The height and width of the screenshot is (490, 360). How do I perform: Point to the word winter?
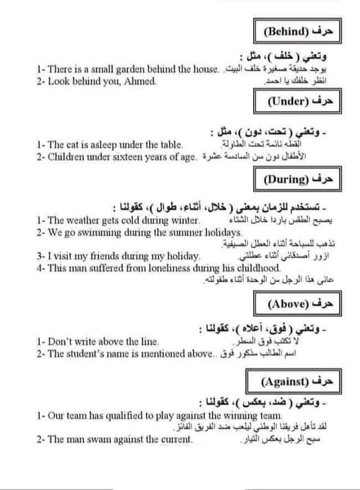click(184, 221)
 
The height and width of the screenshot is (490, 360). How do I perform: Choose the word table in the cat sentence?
click(169, 145)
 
